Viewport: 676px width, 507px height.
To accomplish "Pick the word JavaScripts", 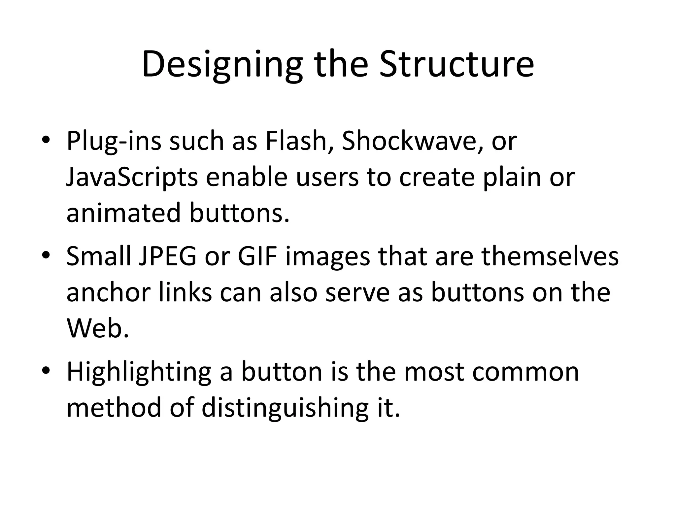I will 132,177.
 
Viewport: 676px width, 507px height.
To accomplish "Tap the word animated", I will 124,213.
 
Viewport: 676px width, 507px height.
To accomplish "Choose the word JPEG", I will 167,257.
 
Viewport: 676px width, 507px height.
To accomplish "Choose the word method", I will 114,408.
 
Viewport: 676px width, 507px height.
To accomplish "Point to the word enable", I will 247,177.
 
